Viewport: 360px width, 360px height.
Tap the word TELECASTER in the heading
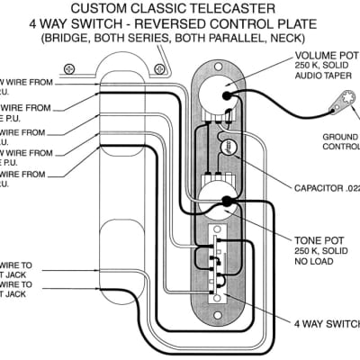pos(238,8)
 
